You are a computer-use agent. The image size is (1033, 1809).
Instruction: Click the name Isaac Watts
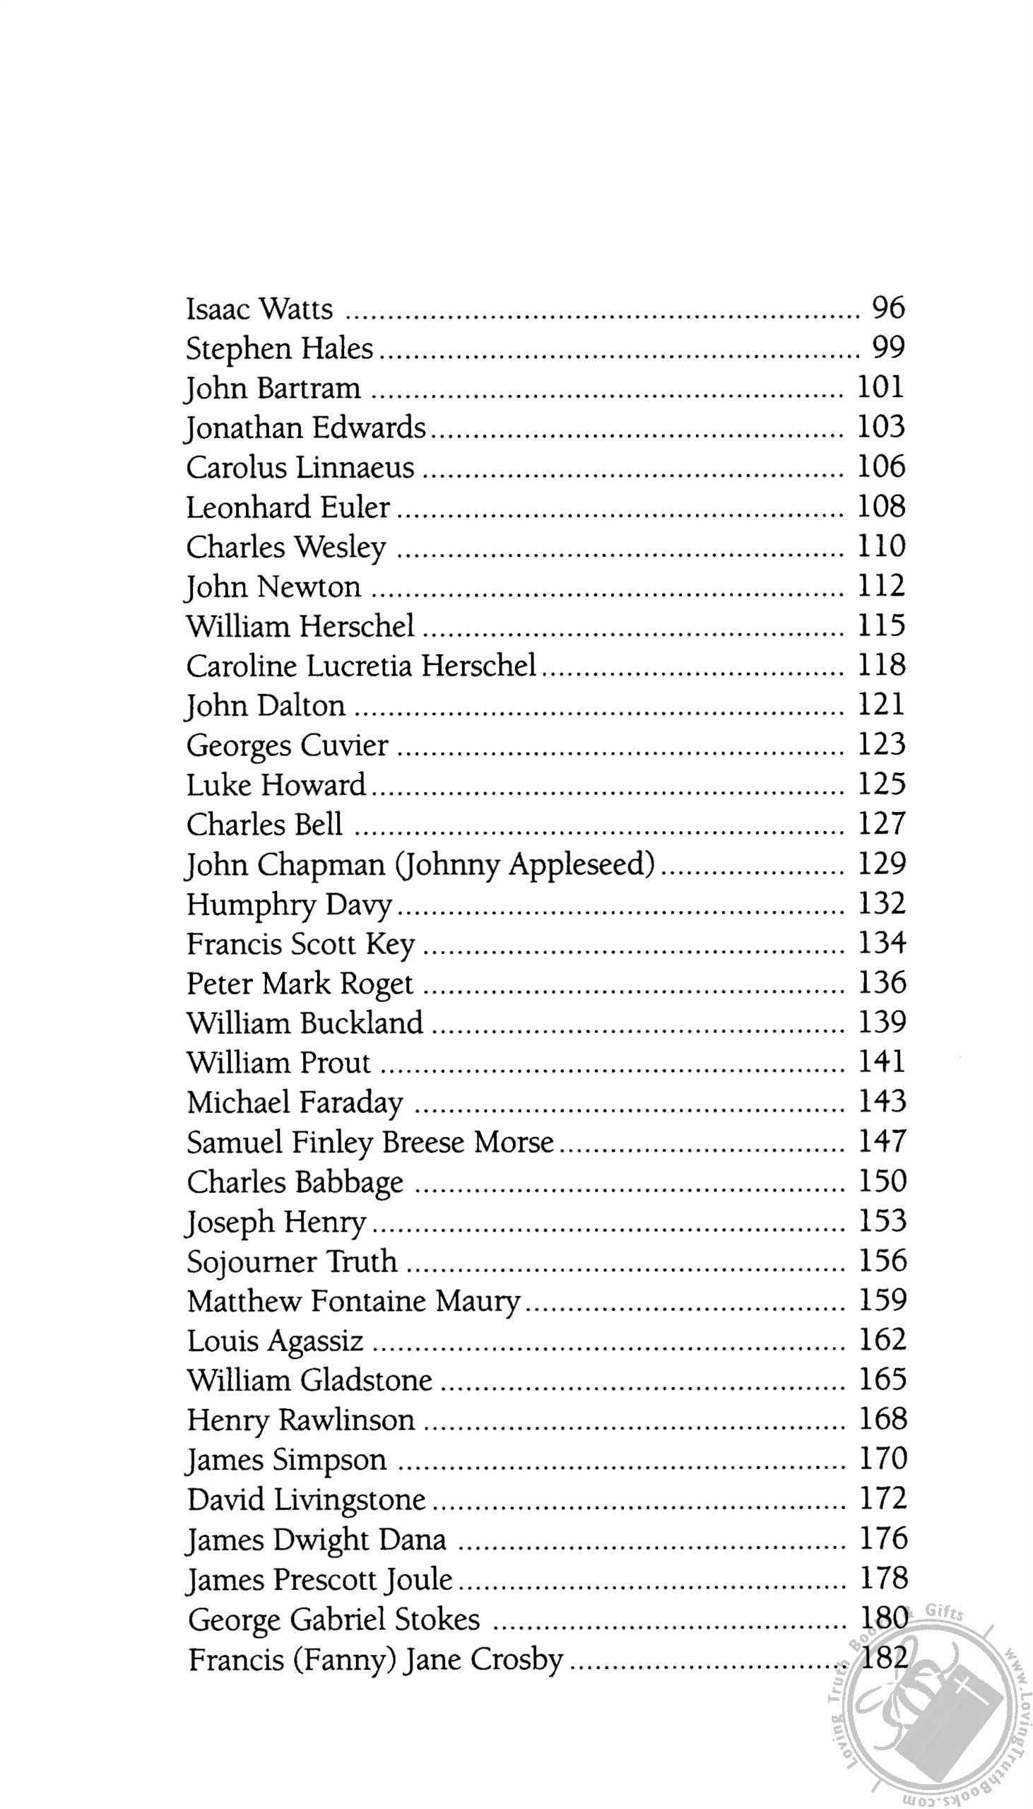[259, 310]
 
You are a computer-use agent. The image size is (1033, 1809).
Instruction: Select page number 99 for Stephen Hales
[888, 348]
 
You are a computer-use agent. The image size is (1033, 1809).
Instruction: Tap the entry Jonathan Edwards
[306, 428]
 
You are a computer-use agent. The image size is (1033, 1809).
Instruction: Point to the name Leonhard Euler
[288, 507]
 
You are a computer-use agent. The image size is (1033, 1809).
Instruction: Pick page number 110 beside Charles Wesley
[882, 546]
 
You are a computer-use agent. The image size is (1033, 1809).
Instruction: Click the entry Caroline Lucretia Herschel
[361, 666]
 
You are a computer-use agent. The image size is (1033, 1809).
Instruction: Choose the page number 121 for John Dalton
[882, 705]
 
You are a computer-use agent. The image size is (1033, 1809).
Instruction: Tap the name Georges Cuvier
[288, 746]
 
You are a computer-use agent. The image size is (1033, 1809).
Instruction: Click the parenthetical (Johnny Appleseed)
[526, 865]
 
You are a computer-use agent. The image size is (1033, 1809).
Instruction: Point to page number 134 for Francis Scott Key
[883, 943]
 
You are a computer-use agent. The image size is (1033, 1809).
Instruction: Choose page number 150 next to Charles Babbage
[883, 1182]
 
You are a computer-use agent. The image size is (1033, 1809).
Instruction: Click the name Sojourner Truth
[293, 1262]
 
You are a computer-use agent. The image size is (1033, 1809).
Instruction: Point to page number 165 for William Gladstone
[883, 1381]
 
